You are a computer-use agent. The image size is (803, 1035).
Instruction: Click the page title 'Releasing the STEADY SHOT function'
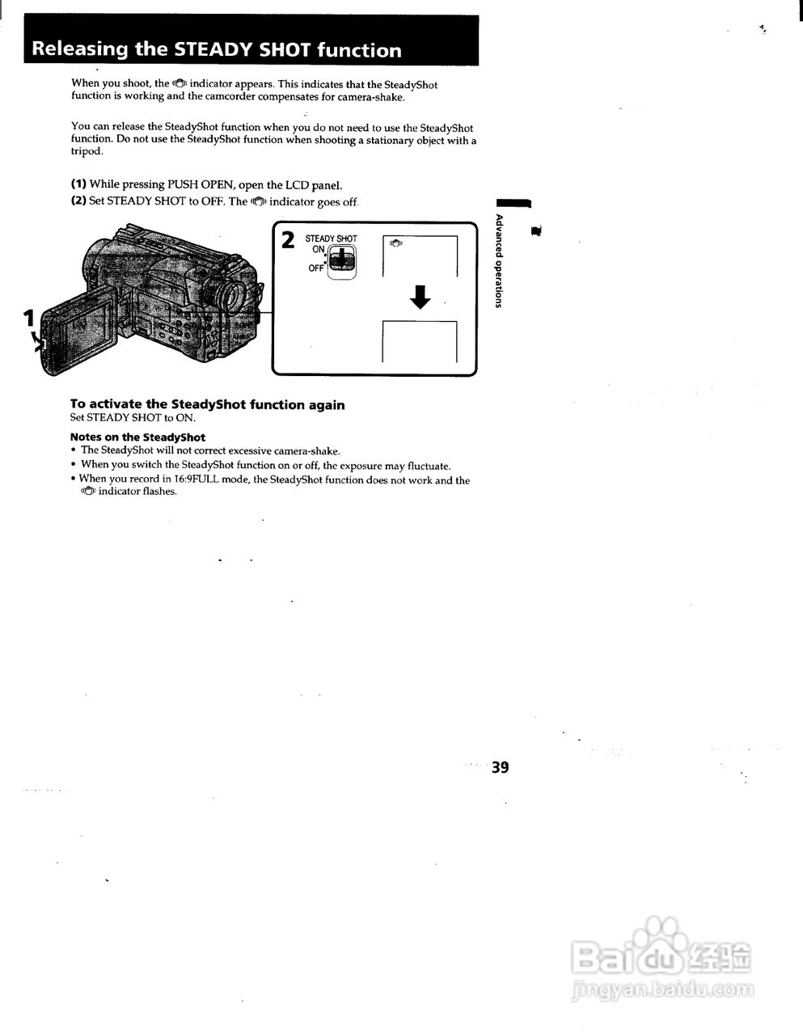pyautogui.click(x=216, y=49)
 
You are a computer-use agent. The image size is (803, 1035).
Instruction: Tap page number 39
pyautogui.click(x=500, y=767)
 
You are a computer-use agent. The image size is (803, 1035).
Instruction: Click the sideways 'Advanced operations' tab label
pyautogui.click(x=499, y=260)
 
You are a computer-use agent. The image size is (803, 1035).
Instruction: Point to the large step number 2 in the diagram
pyautogui.click(x=287, y=240)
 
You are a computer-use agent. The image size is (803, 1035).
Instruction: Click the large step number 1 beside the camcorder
pyautogui.click(x=29, y=317)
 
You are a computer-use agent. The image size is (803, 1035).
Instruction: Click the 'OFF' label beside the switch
pyautogui.click(x=315, y=268)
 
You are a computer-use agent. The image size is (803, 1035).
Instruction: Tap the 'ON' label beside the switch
pyautogui.click(x=318, y=250)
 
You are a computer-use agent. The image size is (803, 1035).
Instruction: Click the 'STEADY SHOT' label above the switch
pyautogui.click(x=331, y=239)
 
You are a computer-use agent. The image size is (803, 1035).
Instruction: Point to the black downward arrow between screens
pyautogui.click(x=420, y=297)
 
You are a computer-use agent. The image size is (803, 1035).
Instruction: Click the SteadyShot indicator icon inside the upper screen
pyautogui.click(x=395, y=243)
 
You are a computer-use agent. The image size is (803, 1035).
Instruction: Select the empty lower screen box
pyautogui.click(x=419, y=342)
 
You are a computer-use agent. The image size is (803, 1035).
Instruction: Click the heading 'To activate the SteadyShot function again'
pyautogui.click(x=207, y=404)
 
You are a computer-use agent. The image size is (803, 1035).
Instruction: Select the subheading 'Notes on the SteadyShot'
pyautogui.click(x=137, y=437)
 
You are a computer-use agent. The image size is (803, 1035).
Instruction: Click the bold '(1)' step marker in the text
pyautogui.click(x=78, y=184)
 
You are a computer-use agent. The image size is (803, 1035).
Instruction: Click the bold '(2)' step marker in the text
pyautogui.click(x=78, y=201)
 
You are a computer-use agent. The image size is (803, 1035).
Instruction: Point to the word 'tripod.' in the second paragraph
pyautogui.click(x=87, y=151)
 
